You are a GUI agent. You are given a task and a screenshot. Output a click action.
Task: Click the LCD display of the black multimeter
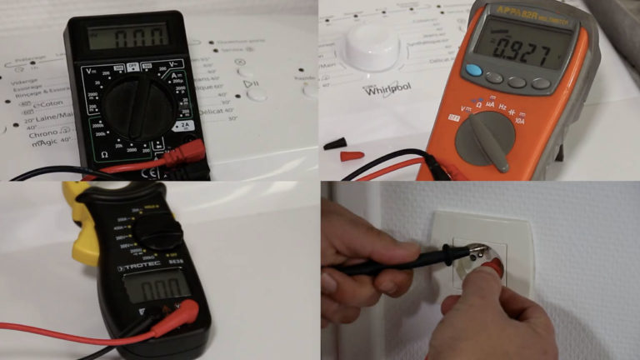coord(128,36)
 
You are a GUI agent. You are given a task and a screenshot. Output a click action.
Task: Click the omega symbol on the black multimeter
coord(104,154)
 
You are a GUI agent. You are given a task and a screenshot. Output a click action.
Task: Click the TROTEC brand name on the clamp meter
coord(137,267)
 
